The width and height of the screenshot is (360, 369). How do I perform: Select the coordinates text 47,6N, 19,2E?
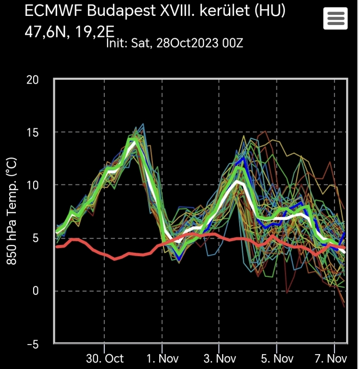pos(70,32)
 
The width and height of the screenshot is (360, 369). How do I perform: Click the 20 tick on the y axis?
pos(32,80)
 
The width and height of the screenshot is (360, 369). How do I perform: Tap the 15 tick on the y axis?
pos(33,132)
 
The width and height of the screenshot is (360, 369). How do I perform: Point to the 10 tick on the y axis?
pos(33,185)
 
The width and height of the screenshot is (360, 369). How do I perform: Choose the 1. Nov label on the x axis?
pos(162,358)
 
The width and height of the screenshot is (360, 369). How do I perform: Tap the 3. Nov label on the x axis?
pos(219,358)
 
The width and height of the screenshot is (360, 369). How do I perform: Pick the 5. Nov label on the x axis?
pos(277,358)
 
